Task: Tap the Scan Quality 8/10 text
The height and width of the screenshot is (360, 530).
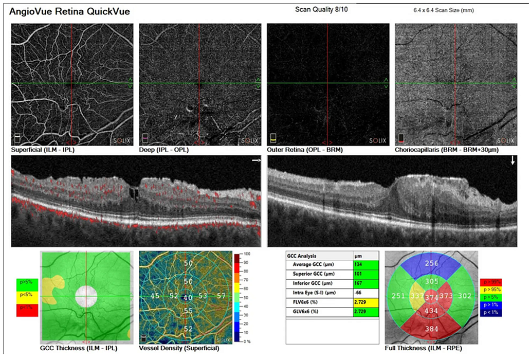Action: [x=321, y=10]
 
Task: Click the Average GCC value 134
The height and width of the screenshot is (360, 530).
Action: [x=358, y=264]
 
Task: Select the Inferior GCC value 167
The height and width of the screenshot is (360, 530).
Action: [x=358, y=283]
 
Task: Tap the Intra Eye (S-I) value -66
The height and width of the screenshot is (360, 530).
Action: [x=358, y=293]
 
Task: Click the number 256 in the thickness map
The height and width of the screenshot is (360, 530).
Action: [x=431, y=264]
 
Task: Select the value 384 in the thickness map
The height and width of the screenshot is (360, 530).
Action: [x=431, y=329]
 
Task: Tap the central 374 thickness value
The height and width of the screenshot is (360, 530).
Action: [x=431, y=297]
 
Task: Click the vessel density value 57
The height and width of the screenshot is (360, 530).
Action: [x=221, y=296]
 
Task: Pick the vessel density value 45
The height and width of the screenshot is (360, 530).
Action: [x=155, y=297]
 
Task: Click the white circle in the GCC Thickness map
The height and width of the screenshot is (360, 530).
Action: [x=86, y=297]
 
